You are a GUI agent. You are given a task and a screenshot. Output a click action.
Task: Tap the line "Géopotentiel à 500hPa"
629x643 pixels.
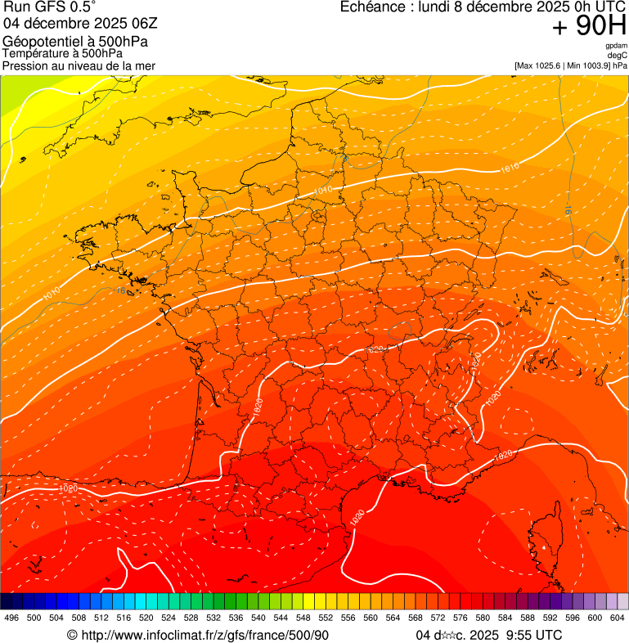(x=75, y=42)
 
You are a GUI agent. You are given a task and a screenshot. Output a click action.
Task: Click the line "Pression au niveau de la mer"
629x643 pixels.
(x=79, y=65)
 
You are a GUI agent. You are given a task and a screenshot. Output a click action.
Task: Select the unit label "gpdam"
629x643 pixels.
(x=616, y=46)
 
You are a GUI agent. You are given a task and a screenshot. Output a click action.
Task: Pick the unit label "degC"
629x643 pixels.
(x=618, y=55)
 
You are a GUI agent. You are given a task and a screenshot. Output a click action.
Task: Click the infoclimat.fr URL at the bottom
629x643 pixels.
(x=204, y=635)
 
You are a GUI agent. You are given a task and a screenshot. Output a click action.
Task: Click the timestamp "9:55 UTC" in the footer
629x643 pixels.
(x=536, y=635)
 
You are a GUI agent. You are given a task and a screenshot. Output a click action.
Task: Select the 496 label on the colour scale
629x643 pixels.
(x=11, y=618)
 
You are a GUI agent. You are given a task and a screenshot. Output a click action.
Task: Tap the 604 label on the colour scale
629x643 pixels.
(x=617, y=618)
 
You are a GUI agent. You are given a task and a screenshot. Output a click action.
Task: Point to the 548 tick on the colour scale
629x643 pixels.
(x=303, y=618)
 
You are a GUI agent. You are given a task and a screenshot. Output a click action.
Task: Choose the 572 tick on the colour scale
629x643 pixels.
(x=438, y=618)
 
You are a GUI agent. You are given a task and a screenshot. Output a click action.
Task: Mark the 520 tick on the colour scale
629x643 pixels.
(x=146, y=618)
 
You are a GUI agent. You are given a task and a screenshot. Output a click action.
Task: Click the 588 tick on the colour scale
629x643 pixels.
(x=527, y=618)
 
